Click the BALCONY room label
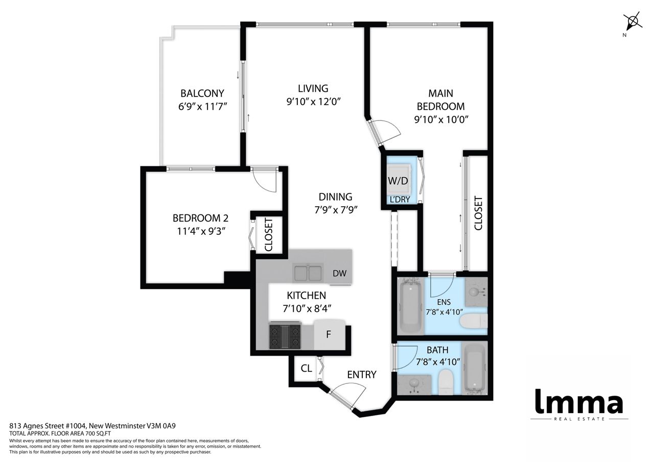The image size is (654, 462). (x=202, y=93)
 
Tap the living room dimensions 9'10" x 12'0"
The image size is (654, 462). (x=314, y=102)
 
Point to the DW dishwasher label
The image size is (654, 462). (x=340, y=273)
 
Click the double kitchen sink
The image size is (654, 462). (x=308, y=273)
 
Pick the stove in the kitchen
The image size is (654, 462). (x=285, y=336)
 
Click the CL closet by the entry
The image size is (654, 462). (x=306, y=368)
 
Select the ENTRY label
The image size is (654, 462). (x=362, y=375)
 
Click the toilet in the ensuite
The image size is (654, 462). (x=474, y=321)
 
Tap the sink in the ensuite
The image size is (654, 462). (x=476, y=291)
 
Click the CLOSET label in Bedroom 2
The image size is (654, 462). (x=269, y=234)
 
